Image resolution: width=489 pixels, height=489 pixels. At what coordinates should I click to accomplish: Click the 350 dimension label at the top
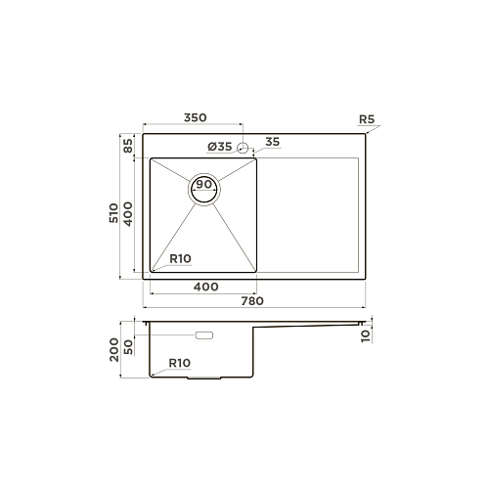(x=195, y=117)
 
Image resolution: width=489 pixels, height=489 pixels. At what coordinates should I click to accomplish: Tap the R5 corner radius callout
(x=367, y=119)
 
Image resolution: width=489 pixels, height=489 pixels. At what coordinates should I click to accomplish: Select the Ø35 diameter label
(x=219, y=147)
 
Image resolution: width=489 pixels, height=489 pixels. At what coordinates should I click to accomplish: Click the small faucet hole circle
(x=243, y=148)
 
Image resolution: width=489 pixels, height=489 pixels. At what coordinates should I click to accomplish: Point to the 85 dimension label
(x=128, y=146)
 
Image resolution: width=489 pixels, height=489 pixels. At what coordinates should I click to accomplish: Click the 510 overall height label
(x=113, y=213)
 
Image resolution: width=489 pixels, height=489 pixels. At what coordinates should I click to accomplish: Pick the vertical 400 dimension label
(x=128, y=214)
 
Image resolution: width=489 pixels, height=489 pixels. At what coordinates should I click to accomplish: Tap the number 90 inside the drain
(x=204, y=184)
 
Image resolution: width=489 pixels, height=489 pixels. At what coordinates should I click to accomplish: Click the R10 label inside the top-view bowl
(x=180, y=259)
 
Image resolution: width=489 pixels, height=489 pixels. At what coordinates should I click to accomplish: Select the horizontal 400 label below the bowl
(x=205, y=287)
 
